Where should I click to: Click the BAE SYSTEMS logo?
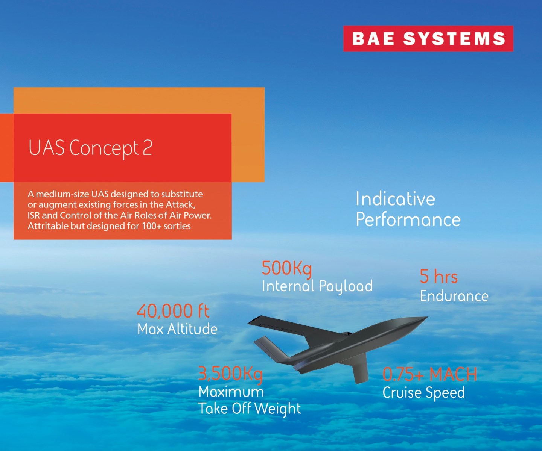428,39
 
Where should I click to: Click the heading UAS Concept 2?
90,148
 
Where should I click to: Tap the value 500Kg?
286,268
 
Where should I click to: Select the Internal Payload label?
317,286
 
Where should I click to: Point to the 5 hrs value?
438,277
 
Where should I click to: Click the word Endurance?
454,296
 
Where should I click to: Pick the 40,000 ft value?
173,311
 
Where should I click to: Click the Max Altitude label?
177,329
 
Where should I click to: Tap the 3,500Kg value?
230,374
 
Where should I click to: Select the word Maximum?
231,392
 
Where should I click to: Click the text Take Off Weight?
250,409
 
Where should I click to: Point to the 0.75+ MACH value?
429,374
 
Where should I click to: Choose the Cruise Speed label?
423,393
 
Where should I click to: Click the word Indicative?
395,199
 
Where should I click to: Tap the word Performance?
408,220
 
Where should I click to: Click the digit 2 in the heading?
148,148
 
